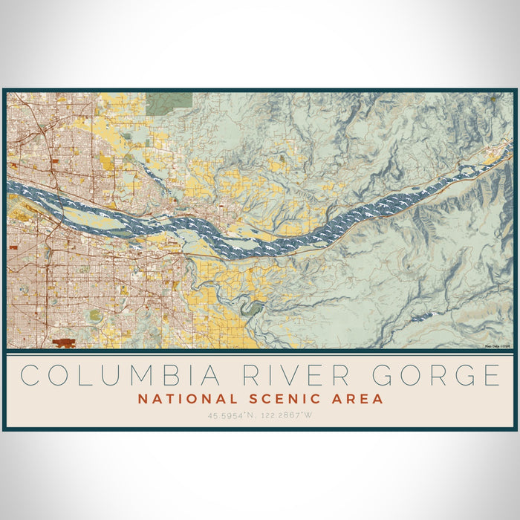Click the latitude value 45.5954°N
pyautogui.click(x=233, y=415)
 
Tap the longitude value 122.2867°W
pyautogui.click(x=287, y=415)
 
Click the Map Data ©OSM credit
pyautogui.click(x=498, y=345)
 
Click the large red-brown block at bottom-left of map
pyautogui.click(x=65, y=342)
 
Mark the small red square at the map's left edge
pyautogui.click(x=13, y=246)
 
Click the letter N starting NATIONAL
pyautogui.click(x=142, y=399)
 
